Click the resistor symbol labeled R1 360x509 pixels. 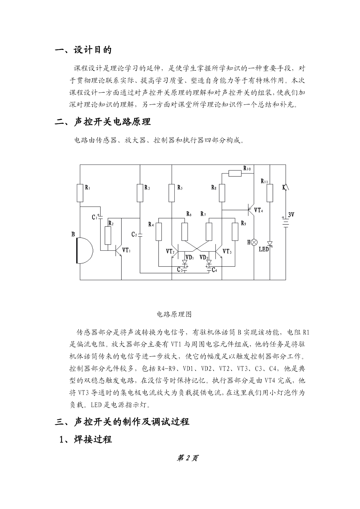pos(80,193)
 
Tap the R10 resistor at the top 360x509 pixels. pos(235,174)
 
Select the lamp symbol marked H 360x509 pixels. pos(254,242)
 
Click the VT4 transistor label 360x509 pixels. pos(258,210)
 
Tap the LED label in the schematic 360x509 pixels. pos(264,249)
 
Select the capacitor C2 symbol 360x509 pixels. pos(140,235)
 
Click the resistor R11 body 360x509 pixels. pos(270,193)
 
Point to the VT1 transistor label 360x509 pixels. pos(126,250)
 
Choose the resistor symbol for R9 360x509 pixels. pos(235,232)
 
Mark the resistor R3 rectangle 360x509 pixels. pos(140,193)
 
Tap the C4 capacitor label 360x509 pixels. pos(214,270)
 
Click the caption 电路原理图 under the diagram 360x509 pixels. pos(174,314)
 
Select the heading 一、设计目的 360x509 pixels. pos(83,50)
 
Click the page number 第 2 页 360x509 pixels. pos(187,458)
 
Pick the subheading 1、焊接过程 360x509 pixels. pos(86,439)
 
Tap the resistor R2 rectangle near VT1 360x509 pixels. pos(108,236)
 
